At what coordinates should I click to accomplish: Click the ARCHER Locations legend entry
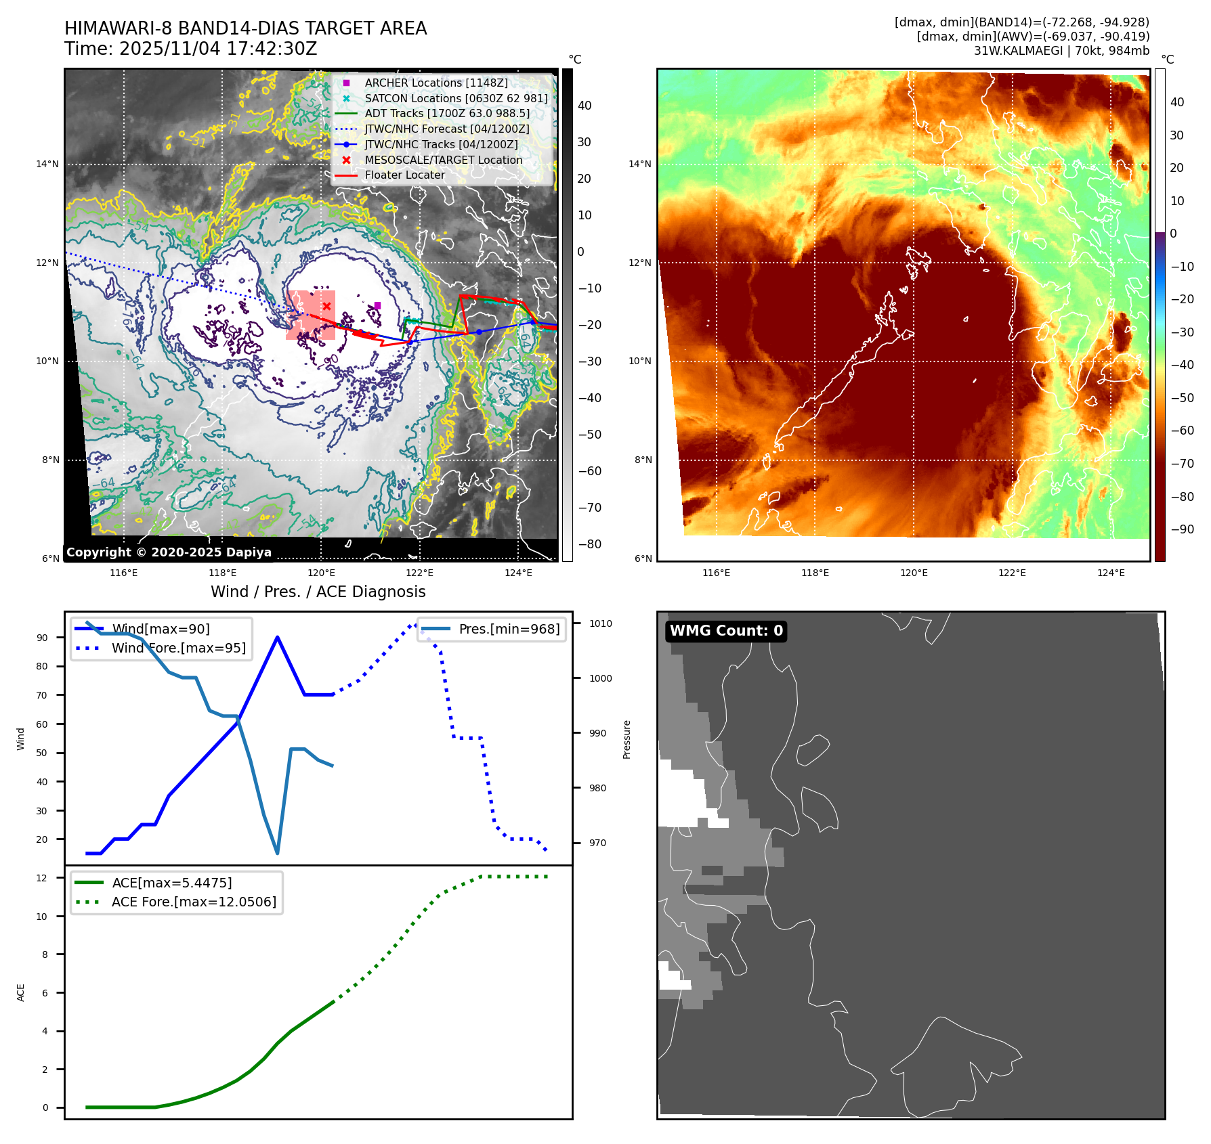(435, 83)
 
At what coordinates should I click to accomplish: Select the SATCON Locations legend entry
(455, 98)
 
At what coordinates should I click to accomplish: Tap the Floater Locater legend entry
(404, 175)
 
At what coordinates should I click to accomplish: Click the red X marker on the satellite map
(326, 306)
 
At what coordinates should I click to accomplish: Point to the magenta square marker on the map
(377, 305)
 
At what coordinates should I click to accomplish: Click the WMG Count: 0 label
(725, 631)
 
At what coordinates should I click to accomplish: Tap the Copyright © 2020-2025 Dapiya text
(169, 552)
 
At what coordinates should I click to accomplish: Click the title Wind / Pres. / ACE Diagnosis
(318, 592)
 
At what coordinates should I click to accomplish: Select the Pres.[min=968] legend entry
(509, 629)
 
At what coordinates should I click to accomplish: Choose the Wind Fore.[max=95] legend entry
(178, 648)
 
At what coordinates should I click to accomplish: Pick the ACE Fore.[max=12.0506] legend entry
(194, 902)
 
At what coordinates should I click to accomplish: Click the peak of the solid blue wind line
(278, 637)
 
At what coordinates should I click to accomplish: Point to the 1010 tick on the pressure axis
(600, 623)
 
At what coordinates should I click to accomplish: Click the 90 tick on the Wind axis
(42, 638)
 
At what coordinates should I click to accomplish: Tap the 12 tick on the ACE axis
(42, 878)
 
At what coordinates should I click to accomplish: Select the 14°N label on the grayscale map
(47, 164)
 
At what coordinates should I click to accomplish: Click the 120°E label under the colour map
(914, 573)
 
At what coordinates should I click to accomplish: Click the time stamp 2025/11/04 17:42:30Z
(217, 49)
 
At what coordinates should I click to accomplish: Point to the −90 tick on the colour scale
(1183, 529)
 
